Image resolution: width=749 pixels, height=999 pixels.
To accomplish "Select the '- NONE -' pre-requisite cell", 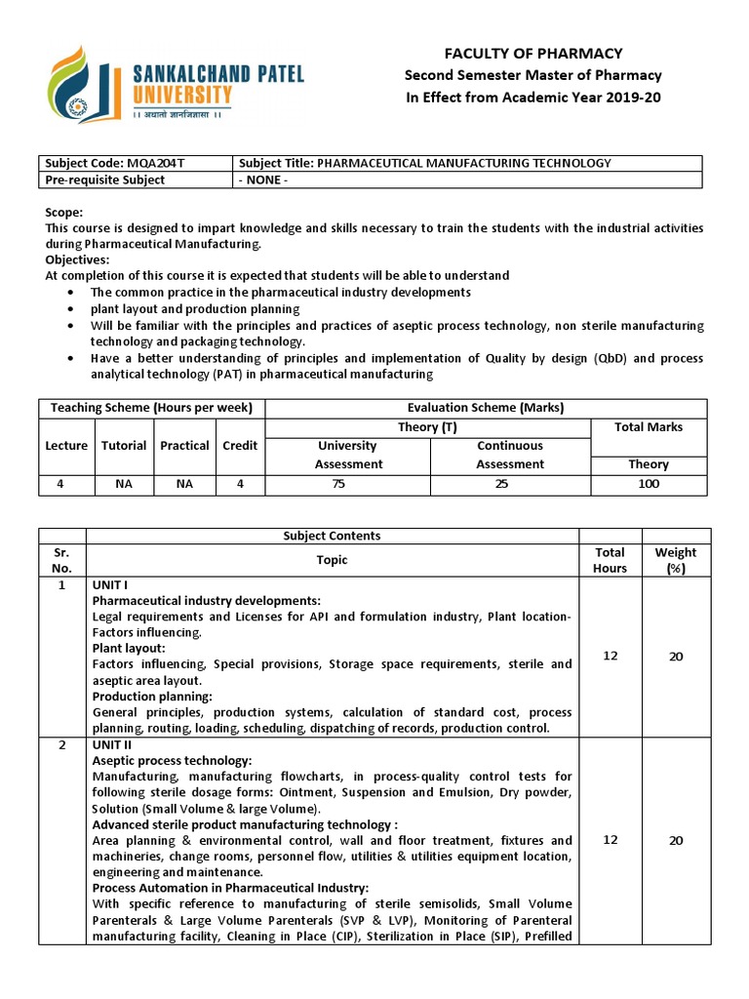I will [x=264, y=180].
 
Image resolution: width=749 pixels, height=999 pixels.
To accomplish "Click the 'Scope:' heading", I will [x=64, y=212].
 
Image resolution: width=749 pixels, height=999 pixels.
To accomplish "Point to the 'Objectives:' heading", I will [x=77, y=260].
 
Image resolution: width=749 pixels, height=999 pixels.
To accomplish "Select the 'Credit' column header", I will [x=240, y=445].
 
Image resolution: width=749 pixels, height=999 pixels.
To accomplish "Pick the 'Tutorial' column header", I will [x=124, y=445].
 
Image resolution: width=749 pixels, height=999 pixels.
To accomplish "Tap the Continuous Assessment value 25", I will [x=501, y=484].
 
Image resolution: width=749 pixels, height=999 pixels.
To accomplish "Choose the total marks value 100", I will [x=649, y=484].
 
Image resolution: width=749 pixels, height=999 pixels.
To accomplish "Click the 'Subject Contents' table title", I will [x=332, y=536].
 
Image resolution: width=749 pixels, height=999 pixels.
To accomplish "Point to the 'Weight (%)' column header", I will [x=676, y=560].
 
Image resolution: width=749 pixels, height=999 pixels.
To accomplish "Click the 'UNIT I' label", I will [x=109, y=584].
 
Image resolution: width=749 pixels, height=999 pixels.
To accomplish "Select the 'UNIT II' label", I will [x=111, y=744].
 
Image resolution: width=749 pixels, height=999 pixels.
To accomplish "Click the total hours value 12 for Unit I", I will [x=610, y=656].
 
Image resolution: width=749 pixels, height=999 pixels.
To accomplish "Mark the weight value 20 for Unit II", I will [x=676, y=840].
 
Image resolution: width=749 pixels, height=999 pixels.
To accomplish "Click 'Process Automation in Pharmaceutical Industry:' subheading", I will [x=230, y=888].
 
